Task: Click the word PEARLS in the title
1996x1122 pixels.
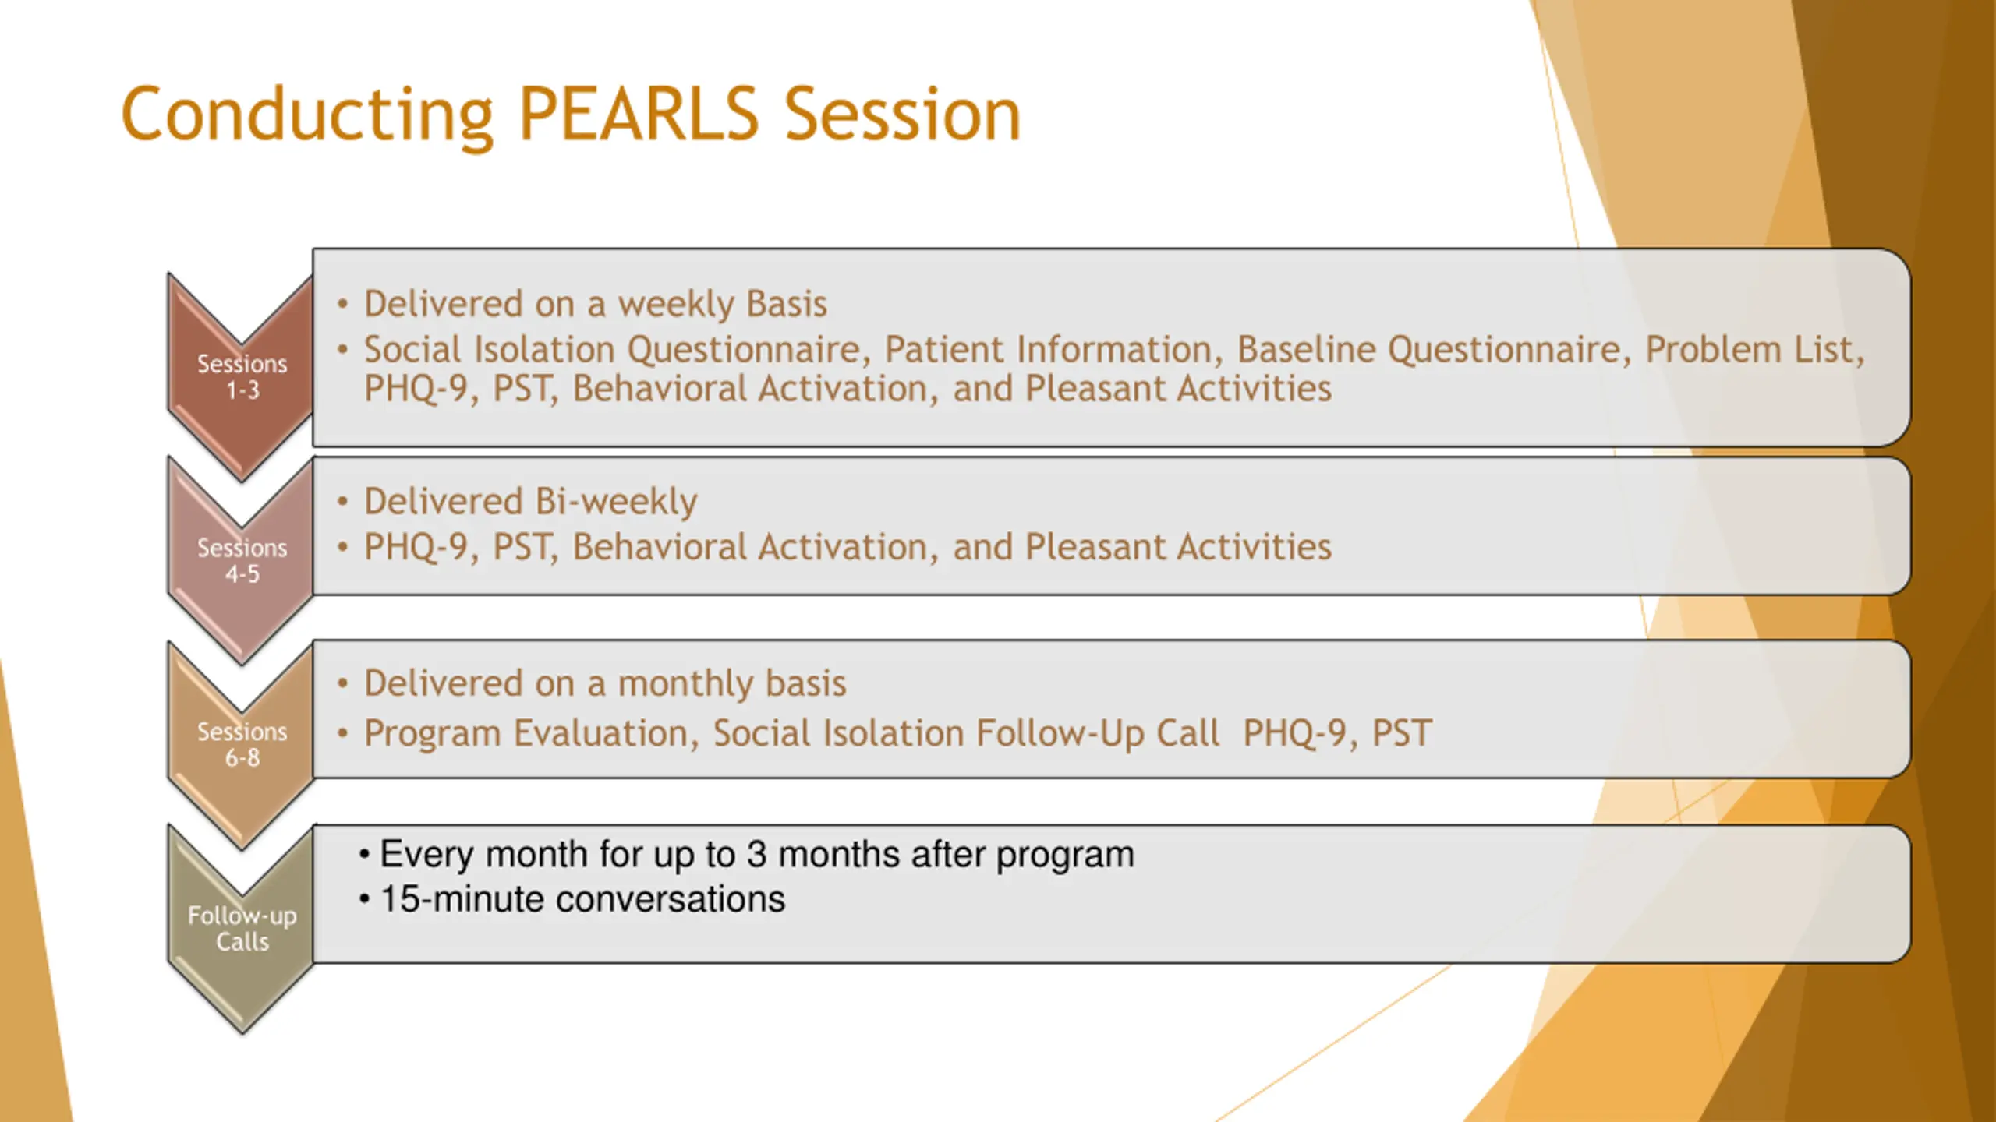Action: tap(639, 115)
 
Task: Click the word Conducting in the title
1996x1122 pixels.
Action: tap(307, 117)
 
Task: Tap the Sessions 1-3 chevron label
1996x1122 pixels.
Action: tap(242, 376)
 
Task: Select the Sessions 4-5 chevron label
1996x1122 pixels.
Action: tap(242, 561)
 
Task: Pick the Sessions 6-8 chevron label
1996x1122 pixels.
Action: tap(242, 744)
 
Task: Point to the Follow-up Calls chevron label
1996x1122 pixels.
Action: tap(242, 928)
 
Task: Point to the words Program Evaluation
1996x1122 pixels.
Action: tap(526, 734)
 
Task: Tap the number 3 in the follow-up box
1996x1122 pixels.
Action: tap(757, 855)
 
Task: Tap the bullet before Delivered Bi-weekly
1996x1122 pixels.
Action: tap(342, 503)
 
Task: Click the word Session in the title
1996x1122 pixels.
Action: tap(902, 115)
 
